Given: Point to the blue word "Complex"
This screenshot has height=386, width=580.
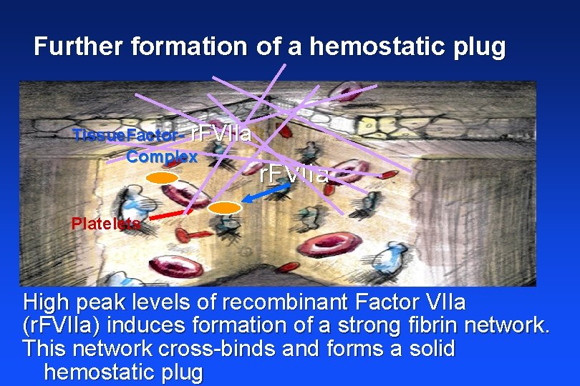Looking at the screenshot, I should pyautogui.click(x=162, y=156).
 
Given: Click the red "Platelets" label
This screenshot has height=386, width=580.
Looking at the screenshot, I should pyautogui.click(x=106, y=223).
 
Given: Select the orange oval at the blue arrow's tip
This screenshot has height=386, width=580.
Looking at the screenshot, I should pyautogui.click(x=225, y=208).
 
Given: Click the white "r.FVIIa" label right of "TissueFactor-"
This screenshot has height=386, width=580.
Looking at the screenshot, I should pyautogui.click(x=222, y=133).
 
